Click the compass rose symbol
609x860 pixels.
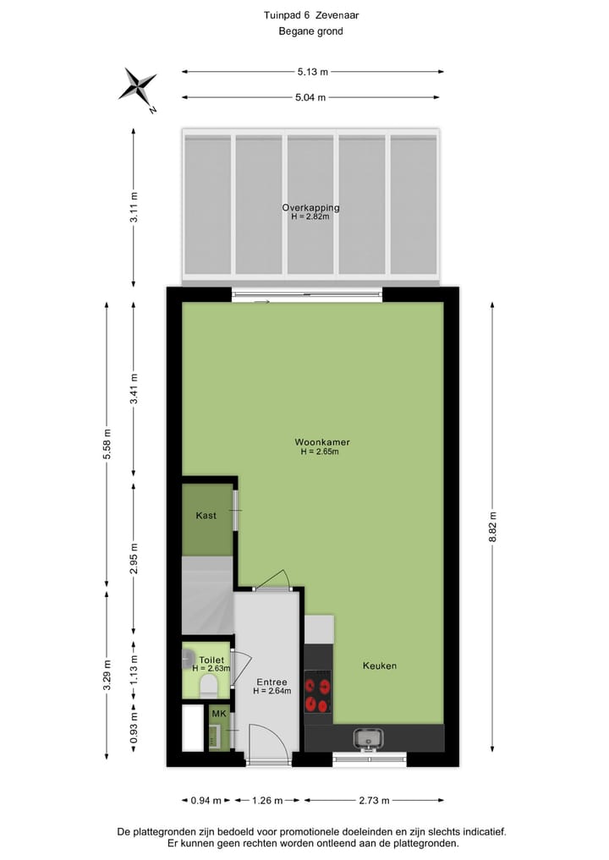[138, 86]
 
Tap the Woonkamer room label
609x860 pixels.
[322, 442]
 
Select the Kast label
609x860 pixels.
[206, 515]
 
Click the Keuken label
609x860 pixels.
[380, 666]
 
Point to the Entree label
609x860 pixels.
[272, 682]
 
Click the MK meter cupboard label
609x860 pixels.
[219, 715]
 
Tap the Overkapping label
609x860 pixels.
[311, 207]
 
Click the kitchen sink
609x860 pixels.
[369, 738]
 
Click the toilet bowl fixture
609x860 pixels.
[208, 687]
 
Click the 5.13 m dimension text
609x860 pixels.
[312, 72]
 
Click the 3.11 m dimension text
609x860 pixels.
[134, 207]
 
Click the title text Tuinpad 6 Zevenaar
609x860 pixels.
[311, 15]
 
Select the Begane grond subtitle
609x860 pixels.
[311, 31]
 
